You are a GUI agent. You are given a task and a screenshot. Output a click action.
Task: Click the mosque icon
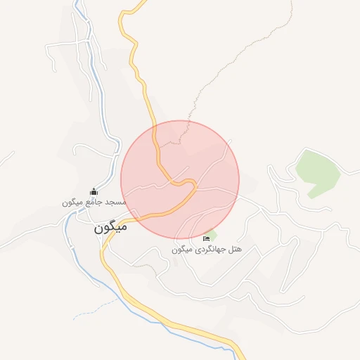(94, 192)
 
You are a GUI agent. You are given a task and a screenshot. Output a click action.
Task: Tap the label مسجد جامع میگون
(94, 202)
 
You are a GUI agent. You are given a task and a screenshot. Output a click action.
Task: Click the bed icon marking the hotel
(206, 239)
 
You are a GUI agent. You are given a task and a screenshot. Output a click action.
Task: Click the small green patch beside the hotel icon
(212, 234)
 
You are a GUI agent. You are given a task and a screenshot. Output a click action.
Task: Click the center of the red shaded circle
(180, 180)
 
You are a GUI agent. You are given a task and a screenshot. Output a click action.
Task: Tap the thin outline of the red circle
(239, 180)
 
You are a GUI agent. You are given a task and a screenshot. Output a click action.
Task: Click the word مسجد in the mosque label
(116, 202)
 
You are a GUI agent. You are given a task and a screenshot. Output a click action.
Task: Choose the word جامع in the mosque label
(95, 202)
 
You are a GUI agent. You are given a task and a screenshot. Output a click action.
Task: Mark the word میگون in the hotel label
(179, 250)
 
